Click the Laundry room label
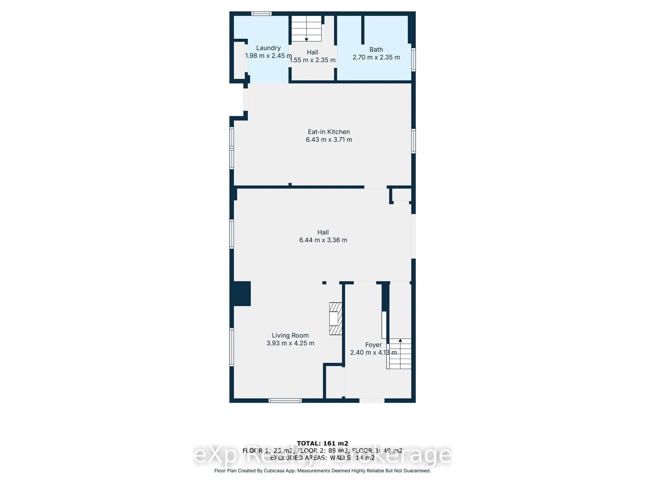268,48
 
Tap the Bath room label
376,50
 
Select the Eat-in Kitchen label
329,132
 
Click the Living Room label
290,335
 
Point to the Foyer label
373,345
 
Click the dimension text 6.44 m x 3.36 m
323,240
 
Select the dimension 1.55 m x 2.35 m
313,60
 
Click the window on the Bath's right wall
413,59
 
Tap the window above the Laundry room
262,13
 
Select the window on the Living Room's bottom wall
285,401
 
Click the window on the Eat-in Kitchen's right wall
413,141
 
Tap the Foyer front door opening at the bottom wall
372,401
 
